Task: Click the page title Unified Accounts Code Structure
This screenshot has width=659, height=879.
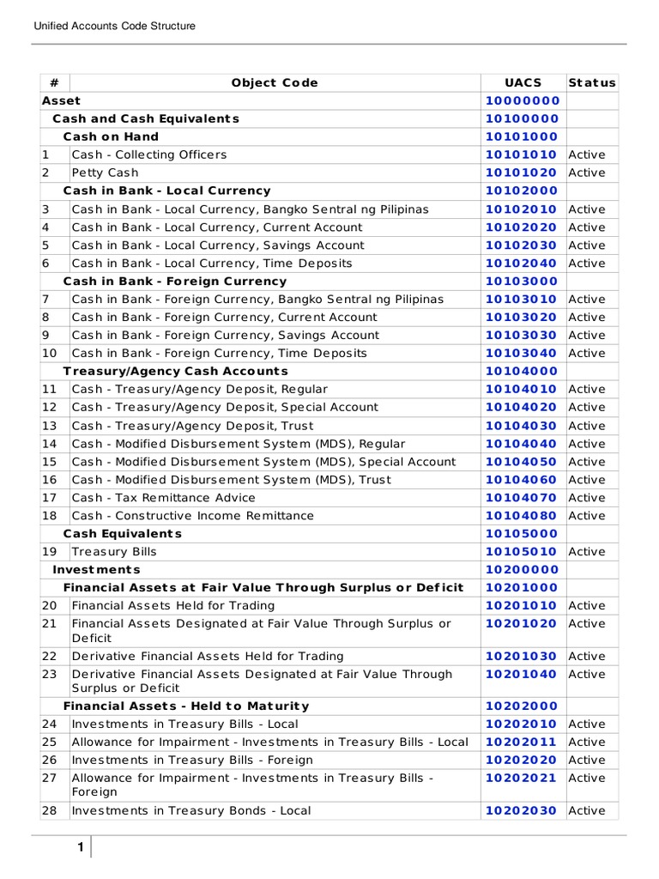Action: pos(114,27)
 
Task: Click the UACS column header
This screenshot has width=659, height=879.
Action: pos(522,82)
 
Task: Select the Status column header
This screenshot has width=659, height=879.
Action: pos(591,82)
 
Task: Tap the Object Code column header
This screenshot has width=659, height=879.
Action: pos(275,82)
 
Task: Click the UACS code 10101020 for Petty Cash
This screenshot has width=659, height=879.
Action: pos(522,173)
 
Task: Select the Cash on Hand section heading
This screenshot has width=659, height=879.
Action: pos(111,136)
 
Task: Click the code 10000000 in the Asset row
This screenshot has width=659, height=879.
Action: pos(522,100)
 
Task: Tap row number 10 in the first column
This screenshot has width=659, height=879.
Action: pos(49,353)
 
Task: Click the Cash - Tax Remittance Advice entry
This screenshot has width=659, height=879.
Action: pos(163,498)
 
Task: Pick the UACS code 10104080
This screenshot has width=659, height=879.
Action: pos(522,516)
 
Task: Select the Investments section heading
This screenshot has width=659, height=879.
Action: pos(96,569)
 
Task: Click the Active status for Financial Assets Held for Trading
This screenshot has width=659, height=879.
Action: pos(587,605)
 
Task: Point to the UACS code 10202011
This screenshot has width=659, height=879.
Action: pos(522,742)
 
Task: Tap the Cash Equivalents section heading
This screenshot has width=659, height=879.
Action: pos(123,534)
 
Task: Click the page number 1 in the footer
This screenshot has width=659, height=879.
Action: pos(80,848)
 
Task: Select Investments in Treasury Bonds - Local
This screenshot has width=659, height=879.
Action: pos(191,810)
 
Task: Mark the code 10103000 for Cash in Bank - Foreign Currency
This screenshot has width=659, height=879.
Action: pos(522,282)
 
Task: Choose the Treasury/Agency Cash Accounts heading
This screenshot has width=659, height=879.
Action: pos(176,371)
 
